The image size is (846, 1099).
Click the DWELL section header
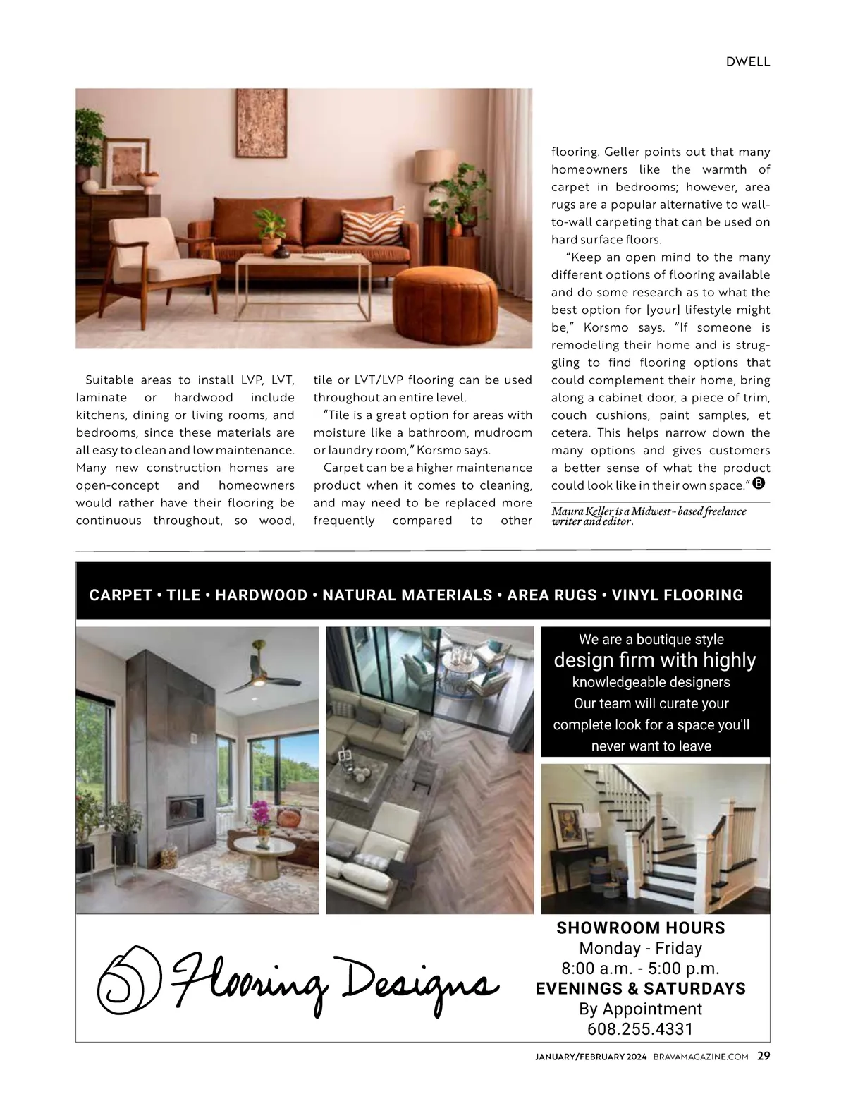coord(748,61)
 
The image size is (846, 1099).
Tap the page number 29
coord(764,1056)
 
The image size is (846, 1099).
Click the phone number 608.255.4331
coord(640,1028)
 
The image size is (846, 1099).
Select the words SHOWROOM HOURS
coord(640,928)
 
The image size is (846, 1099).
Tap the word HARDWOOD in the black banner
coord(261,595)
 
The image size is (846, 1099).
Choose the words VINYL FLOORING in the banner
coord(677,595)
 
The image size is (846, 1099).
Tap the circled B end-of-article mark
coord(759,484)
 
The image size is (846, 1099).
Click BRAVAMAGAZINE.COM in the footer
coord(701,1057)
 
